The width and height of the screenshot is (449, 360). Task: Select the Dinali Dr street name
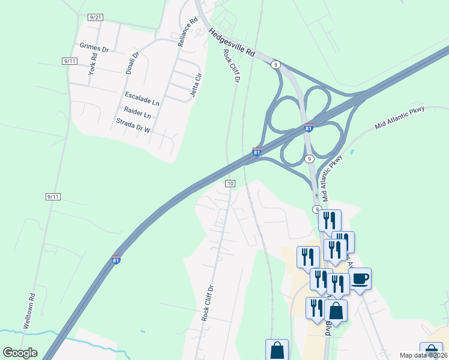132,62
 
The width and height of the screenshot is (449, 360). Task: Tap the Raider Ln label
137,112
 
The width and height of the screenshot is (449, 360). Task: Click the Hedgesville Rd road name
232,43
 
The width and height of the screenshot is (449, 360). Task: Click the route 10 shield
230,183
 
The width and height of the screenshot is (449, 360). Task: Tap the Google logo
20,353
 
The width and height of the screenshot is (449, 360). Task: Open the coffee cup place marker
360,278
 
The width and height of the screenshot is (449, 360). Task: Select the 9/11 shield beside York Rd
69,61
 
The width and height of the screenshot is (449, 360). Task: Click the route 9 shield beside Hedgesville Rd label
276,64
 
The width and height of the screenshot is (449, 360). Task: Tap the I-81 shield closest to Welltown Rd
116,259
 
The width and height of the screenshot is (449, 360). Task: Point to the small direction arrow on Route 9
317,196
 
